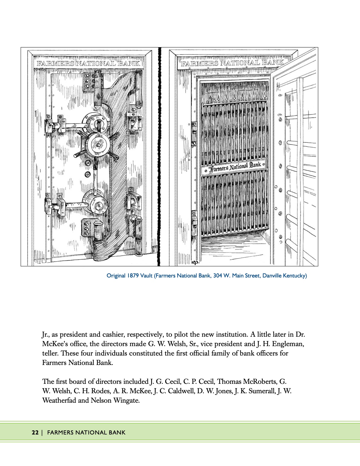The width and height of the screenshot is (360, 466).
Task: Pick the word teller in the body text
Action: pyautogui.click(x=50, y=353)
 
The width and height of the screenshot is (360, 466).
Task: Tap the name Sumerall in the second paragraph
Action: pyautogui.click(x=258, y=391)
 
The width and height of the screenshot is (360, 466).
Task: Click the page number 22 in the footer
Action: pyautogui.click(x=35, y=433)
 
